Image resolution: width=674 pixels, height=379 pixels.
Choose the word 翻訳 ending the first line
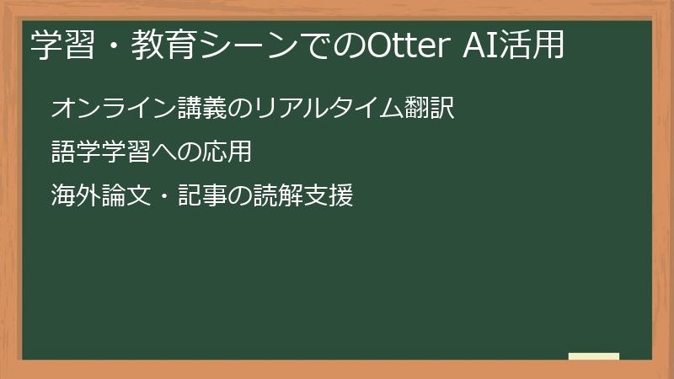431,109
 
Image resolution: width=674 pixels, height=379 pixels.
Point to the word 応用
227,152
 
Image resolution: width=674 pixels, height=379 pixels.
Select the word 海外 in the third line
76,197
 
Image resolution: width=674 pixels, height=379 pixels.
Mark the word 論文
126,197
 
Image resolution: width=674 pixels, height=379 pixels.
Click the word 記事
202,197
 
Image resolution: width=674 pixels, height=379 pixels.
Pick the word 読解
277,197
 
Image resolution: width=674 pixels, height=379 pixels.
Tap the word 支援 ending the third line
328,197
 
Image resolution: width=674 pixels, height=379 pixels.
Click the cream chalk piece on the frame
593,357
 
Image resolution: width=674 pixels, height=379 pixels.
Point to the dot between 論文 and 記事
164,198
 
